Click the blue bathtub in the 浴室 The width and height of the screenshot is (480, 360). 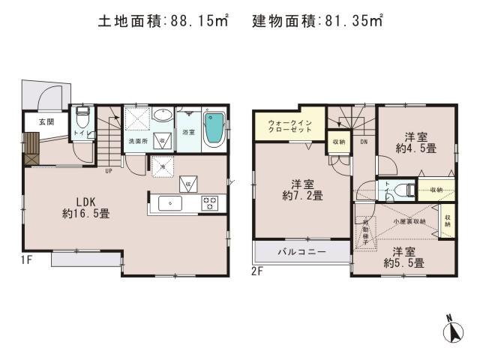point(215,130)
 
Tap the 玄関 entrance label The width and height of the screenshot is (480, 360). point(37,121)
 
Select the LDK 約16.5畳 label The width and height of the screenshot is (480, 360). point(85,208)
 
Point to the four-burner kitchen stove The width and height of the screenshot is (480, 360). point(209,202)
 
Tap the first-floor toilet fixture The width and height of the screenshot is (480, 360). point(82,118)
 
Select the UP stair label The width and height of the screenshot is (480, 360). point(109,170)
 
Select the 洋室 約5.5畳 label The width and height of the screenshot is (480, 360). point(404,257)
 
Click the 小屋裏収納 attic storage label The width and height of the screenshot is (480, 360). point(409,221)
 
